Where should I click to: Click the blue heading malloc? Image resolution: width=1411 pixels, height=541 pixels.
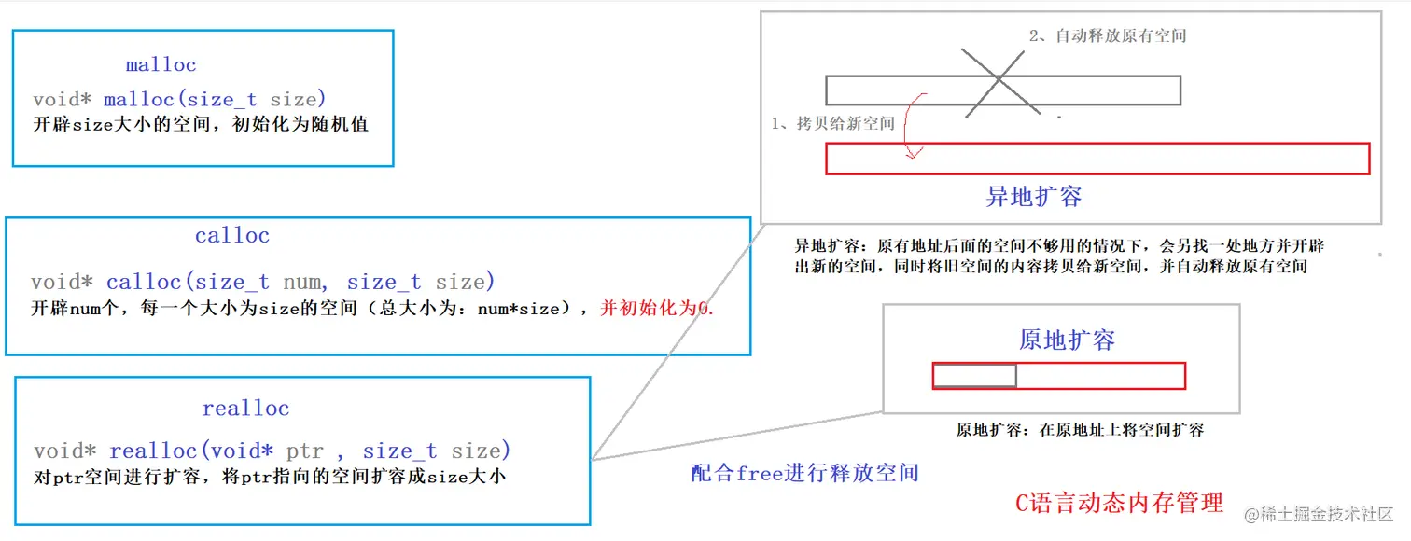(x=161, y=65)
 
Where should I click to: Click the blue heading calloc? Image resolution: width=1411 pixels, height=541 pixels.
(x=232, y=236)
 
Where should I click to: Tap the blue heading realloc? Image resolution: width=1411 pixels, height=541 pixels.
(x=245, y=409)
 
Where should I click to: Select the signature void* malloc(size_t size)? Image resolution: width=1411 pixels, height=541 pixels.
(x=179, y=99)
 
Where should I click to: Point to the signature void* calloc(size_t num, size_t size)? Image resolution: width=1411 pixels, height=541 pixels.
(x=263, y=282)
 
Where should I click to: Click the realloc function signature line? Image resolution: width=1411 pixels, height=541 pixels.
(x=272, y=451)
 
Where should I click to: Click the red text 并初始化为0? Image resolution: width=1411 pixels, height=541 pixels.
(x=656, y=308)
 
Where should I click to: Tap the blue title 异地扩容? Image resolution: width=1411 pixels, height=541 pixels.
(x=1034, y=197)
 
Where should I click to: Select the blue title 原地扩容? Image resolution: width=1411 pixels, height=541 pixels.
(x=1067, y=340)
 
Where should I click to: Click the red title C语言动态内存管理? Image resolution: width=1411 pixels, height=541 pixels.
(x=1119, y=504)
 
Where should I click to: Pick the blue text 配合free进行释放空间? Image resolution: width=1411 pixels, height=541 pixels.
(x=804, y=473)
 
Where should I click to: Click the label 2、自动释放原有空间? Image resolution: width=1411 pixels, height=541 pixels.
(x=1108, y=36)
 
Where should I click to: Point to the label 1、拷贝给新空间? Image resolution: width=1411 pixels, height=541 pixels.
(x=832, y=124)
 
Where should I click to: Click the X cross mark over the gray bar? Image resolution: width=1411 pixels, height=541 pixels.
(x=1000, y=81)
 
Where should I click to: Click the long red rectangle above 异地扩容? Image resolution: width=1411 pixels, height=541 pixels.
(x=1097, y=159)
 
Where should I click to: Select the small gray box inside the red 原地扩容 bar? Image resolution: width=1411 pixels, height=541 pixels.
(x=974, y=376)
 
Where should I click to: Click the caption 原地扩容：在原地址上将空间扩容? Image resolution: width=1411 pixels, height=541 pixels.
(x=1080, y=431)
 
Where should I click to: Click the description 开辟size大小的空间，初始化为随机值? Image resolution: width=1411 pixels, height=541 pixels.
(x=201, y=124)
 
